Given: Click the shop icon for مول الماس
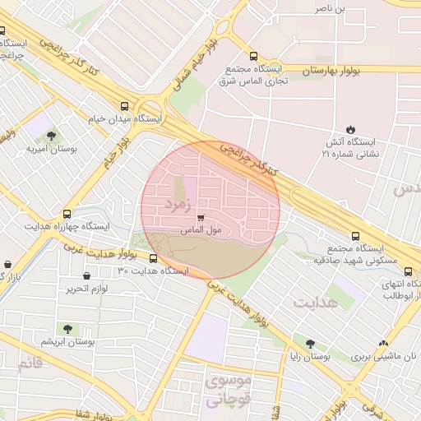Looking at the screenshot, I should tap(201, 218).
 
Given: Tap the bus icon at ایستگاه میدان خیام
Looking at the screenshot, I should tap(125, 106).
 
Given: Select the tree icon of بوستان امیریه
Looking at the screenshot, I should tap(52, 136).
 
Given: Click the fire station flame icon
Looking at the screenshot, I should tap(351, 129).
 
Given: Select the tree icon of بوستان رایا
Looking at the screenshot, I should tap(309, 345).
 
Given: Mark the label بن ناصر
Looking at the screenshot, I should tap(332, 8).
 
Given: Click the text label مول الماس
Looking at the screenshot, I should tap(201, 232).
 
